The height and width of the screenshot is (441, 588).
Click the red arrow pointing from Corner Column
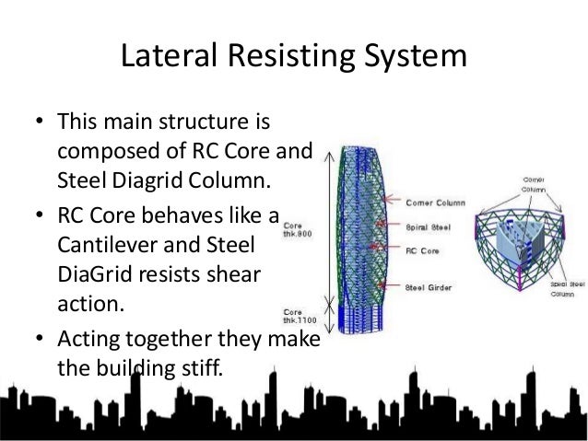391,198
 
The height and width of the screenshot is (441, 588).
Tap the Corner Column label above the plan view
535,183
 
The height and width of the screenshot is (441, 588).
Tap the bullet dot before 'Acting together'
38,342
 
